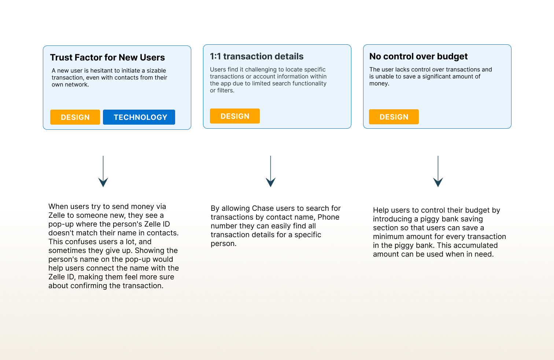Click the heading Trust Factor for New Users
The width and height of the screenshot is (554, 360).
click(107, 58)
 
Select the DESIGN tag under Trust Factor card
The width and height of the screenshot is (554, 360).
click(75, 117)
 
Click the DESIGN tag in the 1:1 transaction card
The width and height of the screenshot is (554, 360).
click(235, 116)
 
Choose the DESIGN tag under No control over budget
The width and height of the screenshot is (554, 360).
click(394, 117)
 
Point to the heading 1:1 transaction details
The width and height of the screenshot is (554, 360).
click(256, 56)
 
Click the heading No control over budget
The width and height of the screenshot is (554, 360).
click(418, 56)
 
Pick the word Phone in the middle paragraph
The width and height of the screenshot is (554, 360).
click(328, 217)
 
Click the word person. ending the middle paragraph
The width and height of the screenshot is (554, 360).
click(224, 244)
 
